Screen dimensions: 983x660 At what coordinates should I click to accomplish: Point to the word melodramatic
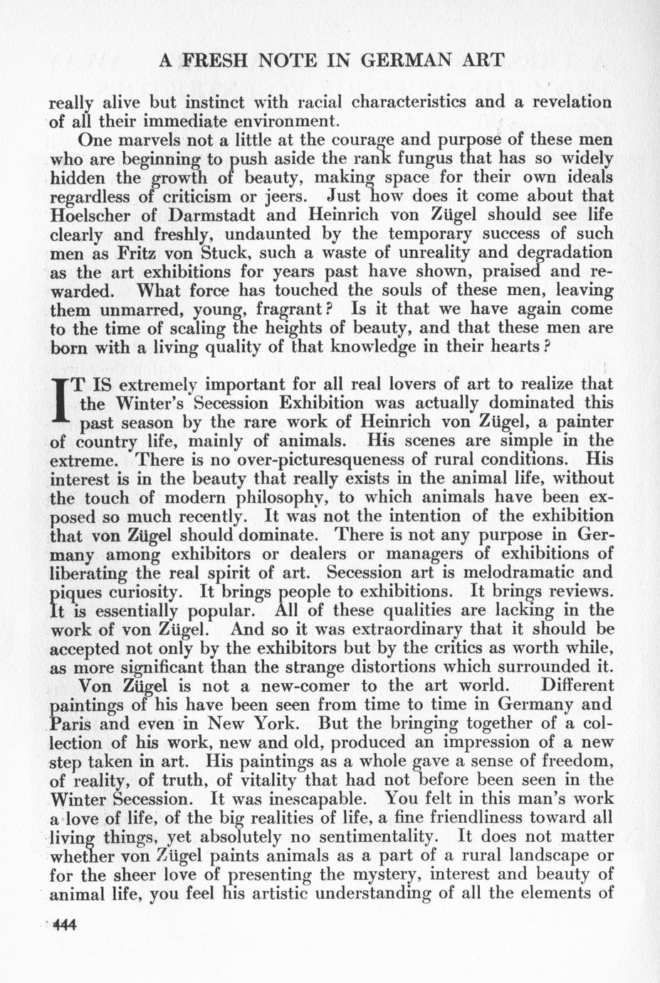coord(521,573)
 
